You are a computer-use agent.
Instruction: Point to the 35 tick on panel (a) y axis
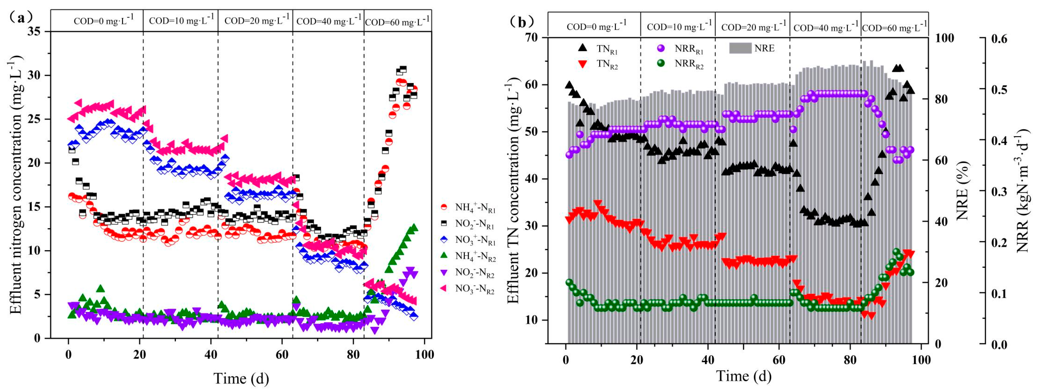36,31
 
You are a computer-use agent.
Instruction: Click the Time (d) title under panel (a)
241,378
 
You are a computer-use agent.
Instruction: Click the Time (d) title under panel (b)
743,376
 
